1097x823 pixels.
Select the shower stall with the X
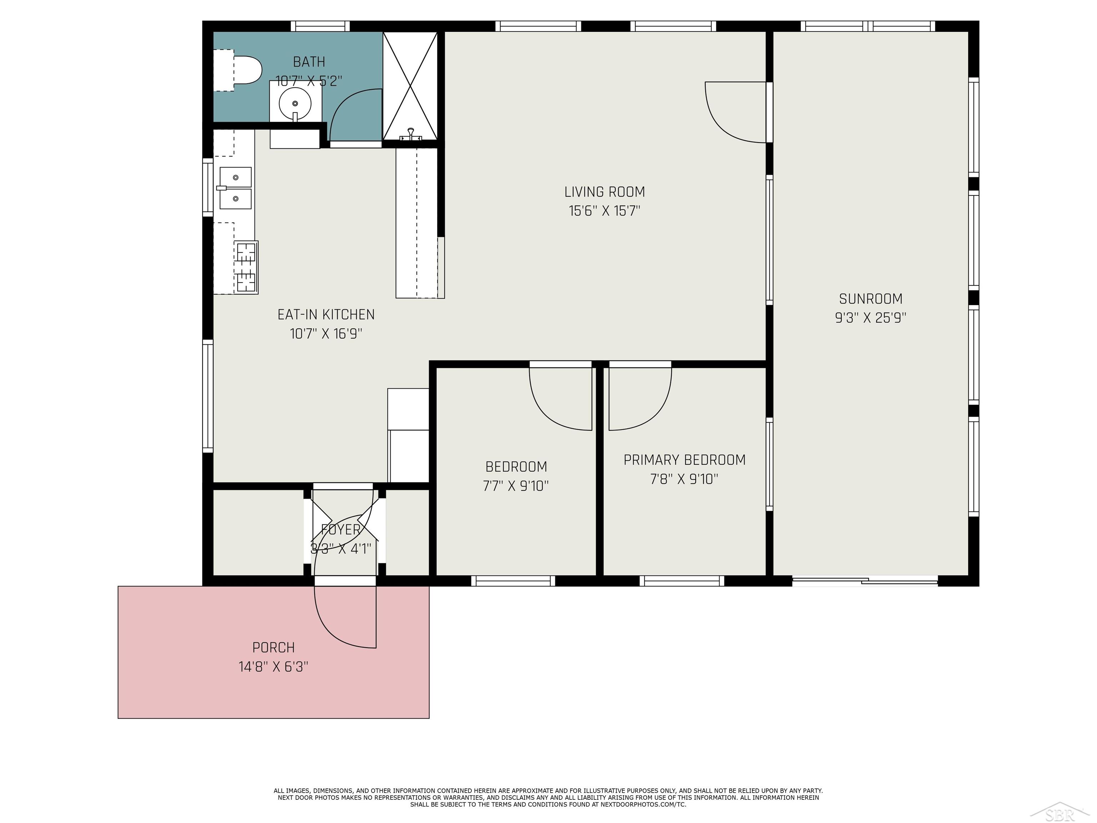click(410, 85)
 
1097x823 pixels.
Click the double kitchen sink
click(236, 188)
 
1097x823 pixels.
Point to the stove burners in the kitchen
click(246, 267)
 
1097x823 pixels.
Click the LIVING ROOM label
click(604, 192)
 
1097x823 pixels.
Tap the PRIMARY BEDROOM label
click(685, 460)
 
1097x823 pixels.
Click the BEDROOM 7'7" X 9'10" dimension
click(516, 486)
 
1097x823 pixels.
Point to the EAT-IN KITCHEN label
click(326, 314)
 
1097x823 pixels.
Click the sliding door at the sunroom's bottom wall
click(865, 580)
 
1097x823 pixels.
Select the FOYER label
click(341, 530)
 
